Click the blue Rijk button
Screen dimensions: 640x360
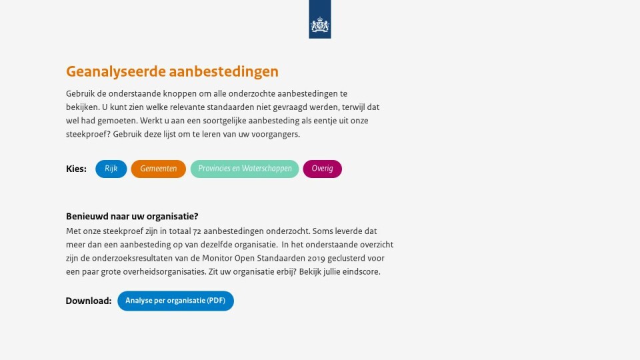(x=111, y=169)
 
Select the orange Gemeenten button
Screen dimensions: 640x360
(x=159, y=169)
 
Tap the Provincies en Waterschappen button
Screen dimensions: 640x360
(x=245, y=169)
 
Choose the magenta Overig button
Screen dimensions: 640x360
(x=323, y=169)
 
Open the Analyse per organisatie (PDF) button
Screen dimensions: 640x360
(x=175, y=301)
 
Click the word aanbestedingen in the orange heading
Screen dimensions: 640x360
(x=224, y=71)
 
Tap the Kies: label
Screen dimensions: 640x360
(x=76, y=169)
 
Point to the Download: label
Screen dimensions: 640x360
(x=89, y=301)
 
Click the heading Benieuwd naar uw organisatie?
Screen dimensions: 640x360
(x=132, y=216)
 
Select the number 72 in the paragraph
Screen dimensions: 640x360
(x=197, y=231)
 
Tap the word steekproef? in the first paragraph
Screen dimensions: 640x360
(x=88, y=134)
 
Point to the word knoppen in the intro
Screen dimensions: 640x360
(x=179, y=94)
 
